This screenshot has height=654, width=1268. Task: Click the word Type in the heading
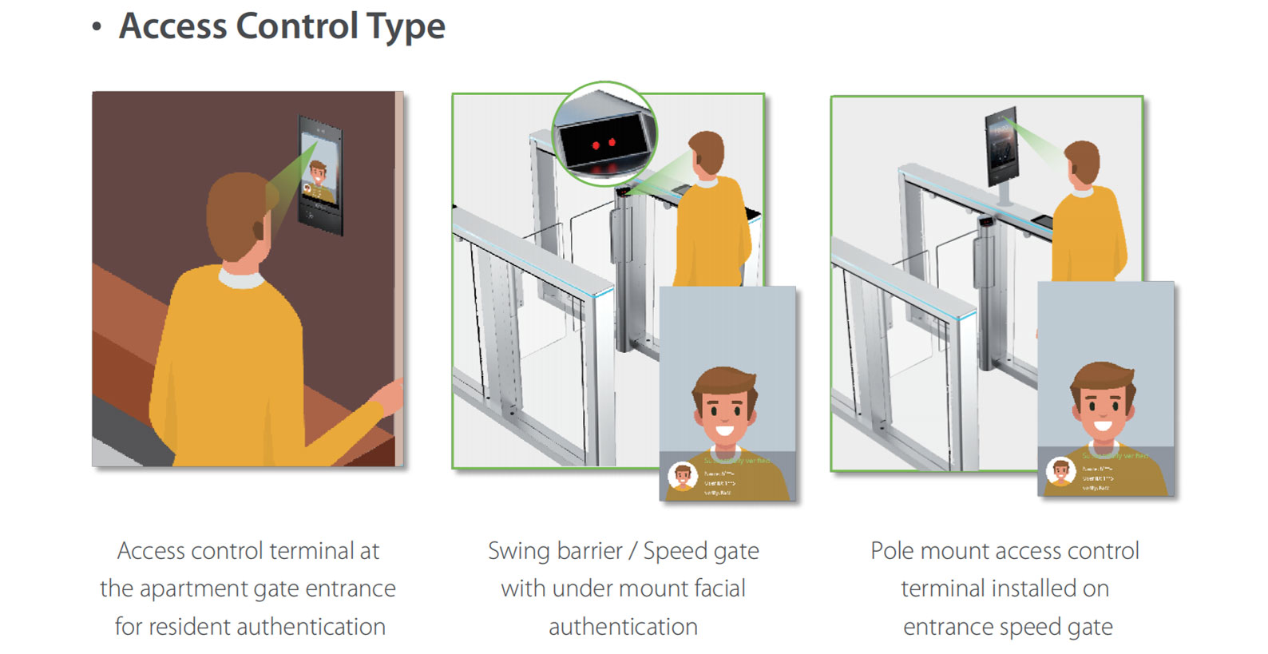tap(406, 27)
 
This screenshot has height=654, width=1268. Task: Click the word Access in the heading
tap(173, 27)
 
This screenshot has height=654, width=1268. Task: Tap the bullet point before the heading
tap(97, 27)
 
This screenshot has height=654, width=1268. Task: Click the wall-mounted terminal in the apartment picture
tap(321, 175)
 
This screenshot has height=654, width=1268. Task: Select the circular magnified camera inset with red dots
tap(604, 134)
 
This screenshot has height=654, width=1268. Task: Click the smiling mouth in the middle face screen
tap(725, 431)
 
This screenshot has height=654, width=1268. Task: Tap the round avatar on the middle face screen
tap(683, 477)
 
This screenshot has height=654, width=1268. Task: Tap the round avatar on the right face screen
tap(1060, 471)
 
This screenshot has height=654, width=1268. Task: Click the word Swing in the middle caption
tap(519, 552)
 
